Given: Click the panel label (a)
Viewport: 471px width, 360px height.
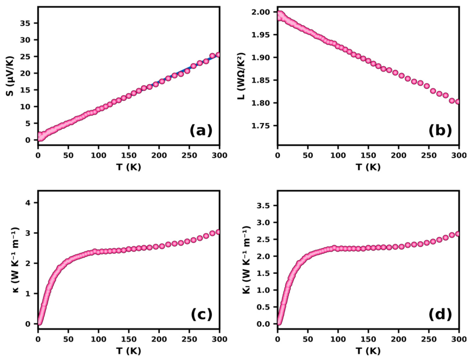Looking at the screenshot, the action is click(x=201, y=131).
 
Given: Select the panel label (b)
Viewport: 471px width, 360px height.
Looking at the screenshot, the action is click(x=440, y=131).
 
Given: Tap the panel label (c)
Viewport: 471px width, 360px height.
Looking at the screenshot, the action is click(x=201, y=314).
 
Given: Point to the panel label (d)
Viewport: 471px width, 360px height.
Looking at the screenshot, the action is click(x=440, y=314).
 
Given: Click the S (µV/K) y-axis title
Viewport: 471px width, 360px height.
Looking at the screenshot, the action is click(x=10, y=76).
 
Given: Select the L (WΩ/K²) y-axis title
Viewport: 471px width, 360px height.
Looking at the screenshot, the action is click(x=242, y=76).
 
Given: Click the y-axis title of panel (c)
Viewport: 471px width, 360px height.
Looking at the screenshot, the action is click(x=16, y=260).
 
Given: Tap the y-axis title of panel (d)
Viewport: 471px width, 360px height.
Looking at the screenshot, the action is click(x=247, y=260).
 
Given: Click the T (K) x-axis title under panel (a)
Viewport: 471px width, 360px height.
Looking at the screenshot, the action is click(x=129, y=167).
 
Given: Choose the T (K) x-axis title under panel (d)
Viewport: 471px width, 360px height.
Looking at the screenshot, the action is click(x=368, y=351).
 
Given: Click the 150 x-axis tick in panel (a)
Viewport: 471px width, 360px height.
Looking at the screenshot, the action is click(x=129, y=155).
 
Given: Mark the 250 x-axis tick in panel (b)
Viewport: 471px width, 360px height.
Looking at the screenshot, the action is click(x=429, y=155).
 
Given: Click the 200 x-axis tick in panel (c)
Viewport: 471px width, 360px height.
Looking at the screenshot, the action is click(x=159, y=339).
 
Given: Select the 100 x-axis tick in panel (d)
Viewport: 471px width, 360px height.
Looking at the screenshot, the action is click(x=338, y=339).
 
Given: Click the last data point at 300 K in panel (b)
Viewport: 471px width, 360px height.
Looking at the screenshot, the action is click(x=457, y=102).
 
